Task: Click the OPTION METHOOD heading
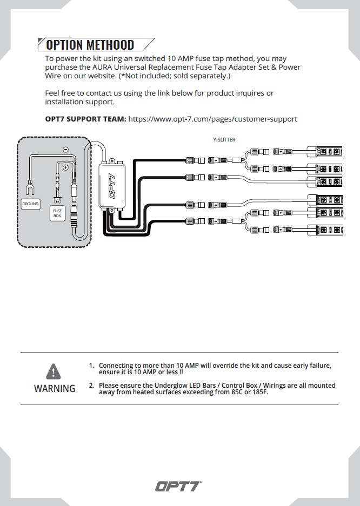90,44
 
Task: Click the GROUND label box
30,204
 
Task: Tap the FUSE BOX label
57,214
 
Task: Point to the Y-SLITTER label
224,140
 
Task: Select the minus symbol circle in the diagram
65,149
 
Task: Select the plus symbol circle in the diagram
65,168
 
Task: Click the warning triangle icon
54,372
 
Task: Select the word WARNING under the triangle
55,389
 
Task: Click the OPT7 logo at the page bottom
178,487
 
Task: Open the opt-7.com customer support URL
212,119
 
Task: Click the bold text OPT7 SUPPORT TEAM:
85,119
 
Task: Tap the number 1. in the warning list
91,366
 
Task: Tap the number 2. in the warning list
91,386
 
